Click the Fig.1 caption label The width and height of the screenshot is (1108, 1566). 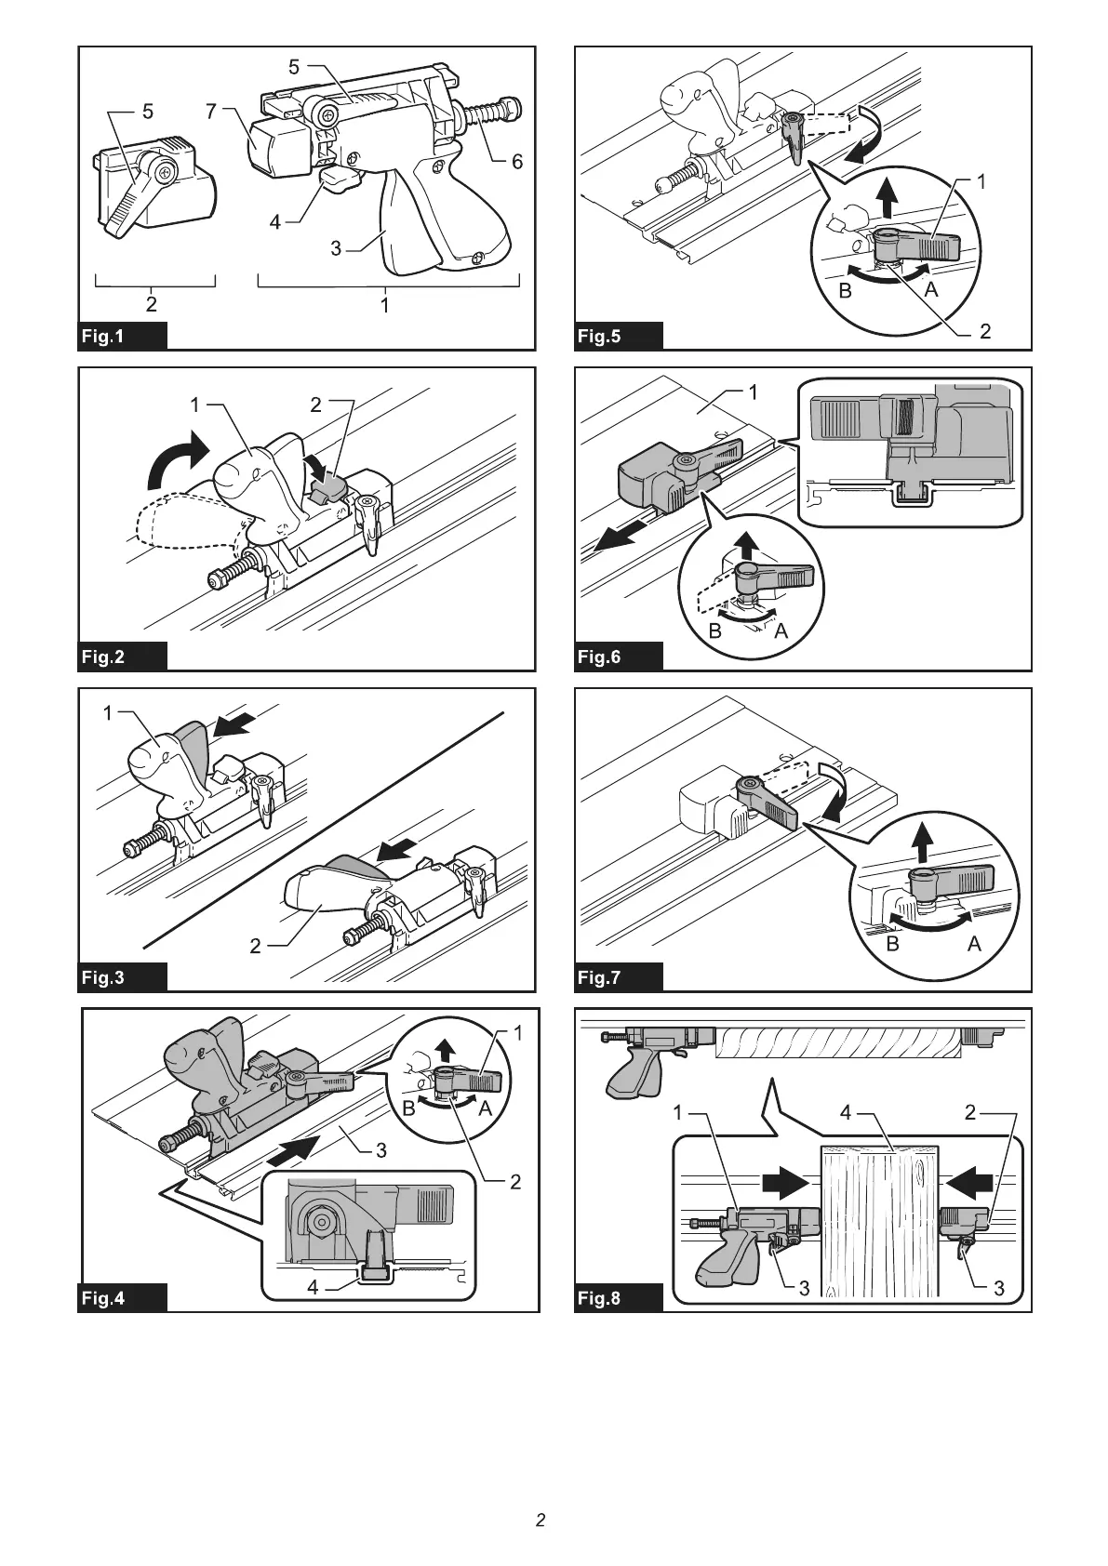coord(102,336)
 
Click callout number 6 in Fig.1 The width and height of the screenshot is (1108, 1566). coord(517,162)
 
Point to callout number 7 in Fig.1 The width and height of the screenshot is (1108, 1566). coord(211,112)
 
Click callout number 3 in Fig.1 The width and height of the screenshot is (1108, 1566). coord(337,248)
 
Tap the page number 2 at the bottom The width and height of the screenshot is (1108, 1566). coord(541,1520)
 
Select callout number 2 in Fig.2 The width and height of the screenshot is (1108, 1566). coord(316,405)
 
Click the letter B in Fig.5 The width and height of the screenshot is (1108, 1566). coord(846,290)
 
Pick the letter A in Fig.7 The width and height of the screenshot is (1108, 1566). coord(974,944)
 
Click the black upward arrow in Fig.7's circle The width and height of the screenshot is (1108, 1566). coord(923,843)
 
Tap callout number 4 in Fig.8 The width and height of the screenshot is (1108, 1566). coord(846,1112)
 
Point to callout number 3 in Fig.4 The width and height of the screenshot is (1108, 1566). coord(381,1150)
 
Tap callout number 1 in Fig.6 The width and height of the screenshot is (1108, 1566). coord(754,392)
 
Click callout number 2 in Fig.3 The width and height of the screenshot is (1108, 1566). coord(256,947)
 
